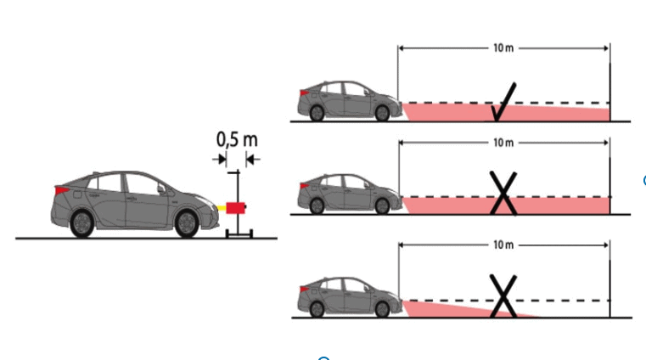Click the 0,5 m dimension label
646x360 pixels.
coord(237,139)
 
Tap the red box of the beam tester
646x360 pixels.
coord(236,208)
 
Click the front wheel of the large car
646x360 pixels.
coord(187,223)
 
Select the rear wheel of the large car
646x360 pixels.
coord(82,223)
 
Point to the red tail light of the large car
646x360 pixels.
coord(62,190)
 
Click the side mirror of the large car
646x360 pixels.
coord(161,188)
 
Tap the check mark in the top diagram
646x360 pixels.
coord(504,102)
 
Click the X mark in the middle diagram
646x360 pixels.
coord(503,194)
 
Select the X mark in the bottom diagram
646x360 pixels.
coord(503,296)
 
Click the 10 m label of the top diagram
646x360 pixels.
coord(503,48)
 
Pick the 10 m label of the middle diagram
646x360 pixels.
coord(503,143)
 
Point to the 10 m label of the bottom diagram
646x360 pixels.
coord(503,245)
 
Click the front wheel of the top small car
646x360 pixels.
coord(382,113)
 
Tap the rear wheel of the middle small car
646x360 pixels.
coord(317,206)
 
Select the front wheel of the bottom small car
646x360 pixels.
coord(382,309)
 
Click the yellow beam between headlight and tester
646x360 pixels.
coord(222,208)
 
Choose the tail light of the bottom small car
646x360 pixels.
coord(305,290)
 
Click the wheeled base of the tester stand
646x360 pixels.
coord(239,234)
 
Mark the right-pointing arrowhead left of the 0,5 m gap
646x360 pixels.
coord(222,159)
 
